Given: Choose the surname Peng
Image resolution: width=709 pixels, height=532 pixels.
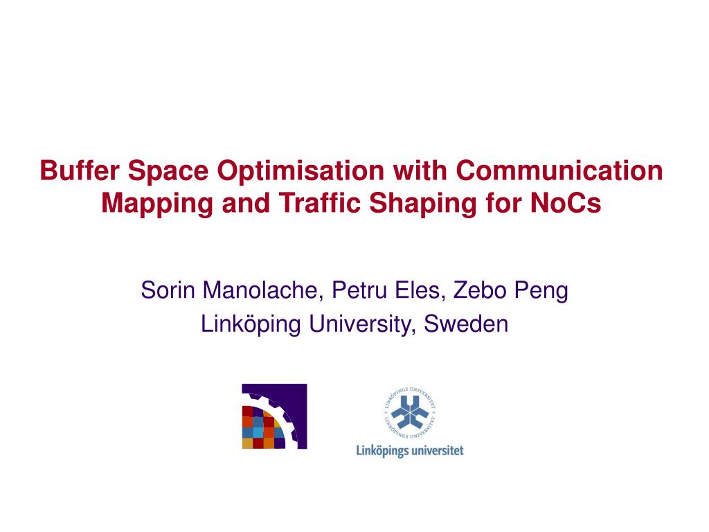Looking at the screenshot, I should tap(543, 290).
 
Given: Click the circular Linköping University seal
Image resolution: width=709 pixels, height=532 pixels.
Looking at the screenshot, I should tap(409, 413).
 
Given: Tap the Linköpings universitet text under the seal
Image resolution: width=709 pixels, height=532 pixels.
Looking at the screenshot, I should tap(409, 451).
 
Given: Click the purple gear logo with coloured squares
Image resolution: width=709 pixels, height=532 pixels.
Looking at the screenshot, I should tap(274, 416).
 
